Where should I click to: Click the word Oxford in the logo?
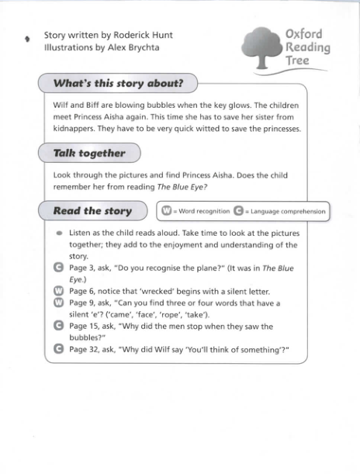tap(304, 34)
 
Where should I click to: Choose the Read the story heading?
tap(92, 211)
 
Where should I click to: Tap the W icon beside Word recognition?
tap(165, 211)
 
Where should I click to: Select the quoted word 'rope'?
tap(207, 315)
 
